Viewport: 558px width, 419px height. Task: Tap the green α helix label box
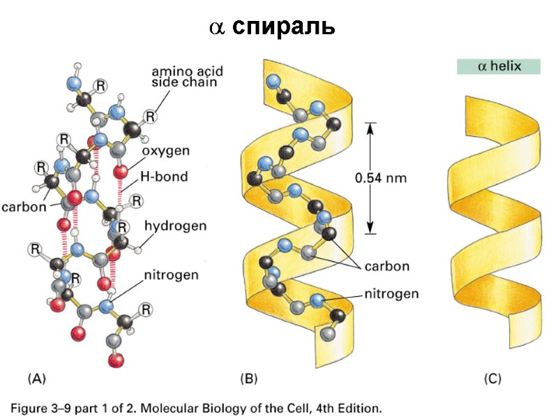[x=499, y=67]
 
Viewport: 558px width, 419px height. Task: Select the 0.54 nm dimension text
[x=380, y=177]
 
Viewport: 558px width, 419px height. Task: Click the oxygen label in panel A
[x=165, y=151]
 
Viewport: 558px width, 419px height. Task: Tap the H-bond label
[x=165, y=177]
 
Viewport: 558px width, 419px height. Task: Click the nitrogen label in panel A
[x=171, y=274]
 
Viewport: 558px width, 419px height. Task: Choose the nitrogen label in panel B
[x=391, y=294]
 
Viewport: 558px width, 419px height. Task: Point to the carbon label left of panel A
[x=24, y=207]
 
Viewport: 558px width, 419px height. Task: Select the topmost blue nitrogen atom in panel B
[x=273, y=79]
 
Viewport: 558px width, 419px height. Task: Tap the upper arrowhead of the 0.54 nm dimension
[x=371, y=126]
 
